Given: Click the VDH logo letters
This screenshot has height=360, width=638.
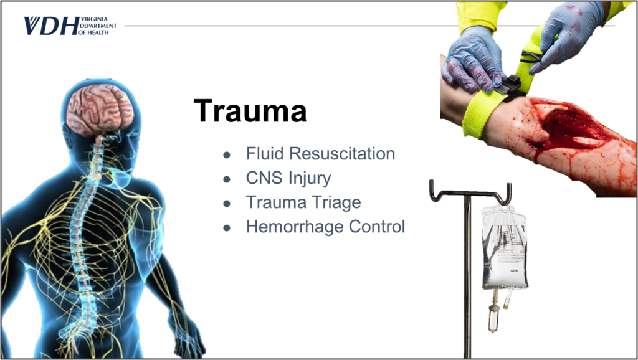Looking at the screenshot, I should [51, 26].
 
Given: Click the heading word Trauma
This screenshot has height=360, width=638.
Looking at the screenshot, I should [250, 111].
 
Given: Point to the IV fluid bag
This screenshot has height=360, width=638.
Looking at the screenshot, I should [505, 247].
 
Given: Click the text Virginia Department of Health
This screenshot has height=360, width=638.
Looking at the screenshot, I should [98, 26].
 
